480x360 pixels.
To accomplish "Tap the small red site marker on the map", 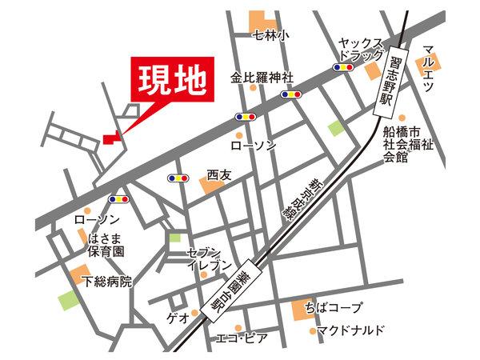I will (110, 140).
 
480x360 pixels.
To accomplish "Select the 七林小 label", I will (271, 34).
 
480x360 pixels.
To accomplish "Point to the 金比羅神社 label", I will (262, 78).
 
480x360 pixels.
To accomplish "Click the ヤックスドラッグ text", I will (362, 49).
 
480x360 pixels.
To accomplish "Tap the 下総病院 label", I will (107, 281).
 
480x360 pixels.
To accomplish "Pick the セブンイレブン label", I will (210, 258).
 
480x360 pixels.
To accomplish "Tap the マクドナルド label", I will (350, 330).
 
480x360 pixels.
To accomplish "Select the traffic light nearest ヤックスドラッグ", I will (344, 68).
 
